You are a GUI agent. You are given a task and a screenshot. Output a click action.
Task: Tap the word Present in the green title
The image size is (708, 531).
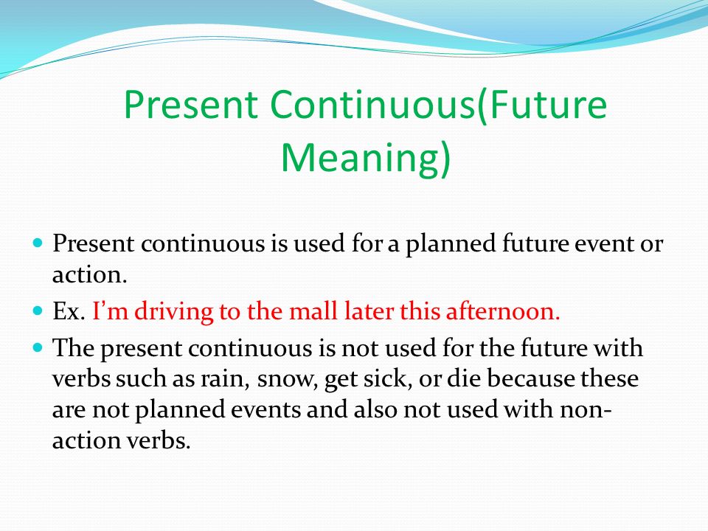tap(190, 105)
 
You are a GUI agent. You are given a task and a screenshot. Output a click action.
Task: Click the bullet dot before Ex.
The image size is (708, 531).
tap(38, 310)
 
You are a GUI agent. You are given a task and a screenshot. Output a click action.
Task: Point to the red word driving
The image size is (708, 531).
tap(173, 312)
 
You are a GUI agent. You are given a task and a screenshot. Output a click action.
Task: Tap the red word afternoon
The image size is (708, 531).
tap(503, 311)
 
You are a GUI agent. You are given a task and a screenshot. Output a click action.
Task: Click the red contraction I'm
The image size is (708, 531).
tap(110, 311)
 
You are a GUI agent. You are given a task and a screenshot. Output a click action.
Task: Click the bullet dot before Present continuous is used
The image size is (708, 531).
tap(38, 243)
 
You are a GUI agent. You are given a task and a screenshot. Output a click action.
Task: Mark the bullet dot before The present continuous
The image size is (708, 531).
tap(38, 347)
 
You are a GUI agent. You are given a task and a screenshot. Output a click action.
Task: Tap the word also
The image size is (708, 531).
tap(375, 409)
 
